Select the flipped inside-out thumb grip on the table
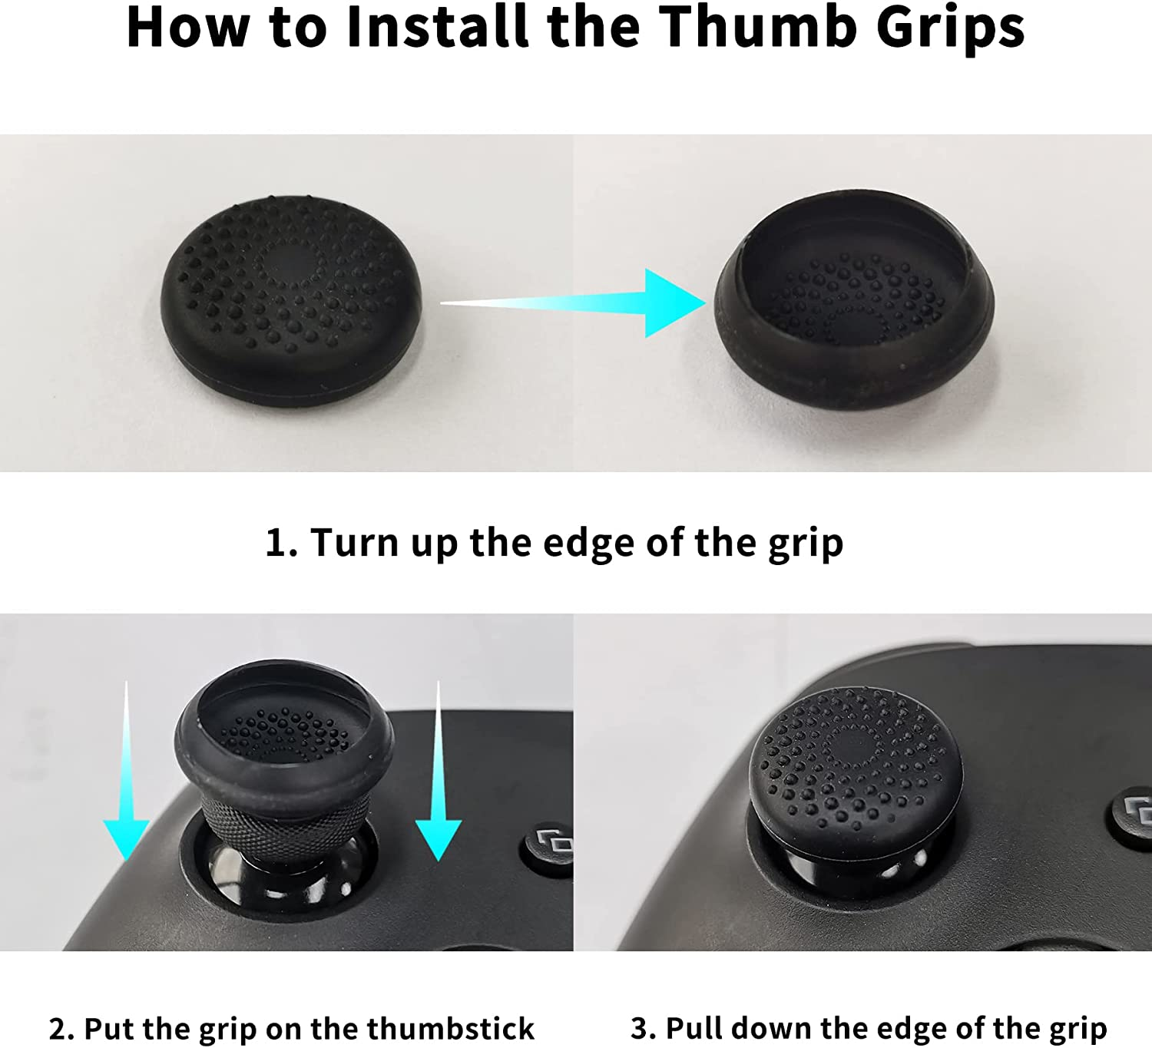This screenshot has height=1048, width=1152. coord(855,299)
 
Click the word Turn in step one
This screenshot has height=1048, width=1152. coord(354,541)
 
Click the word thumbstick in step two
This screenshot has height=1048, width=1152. coord(451,1028)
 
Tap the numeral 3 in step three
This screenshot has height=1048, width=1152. coord(640,1029)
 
